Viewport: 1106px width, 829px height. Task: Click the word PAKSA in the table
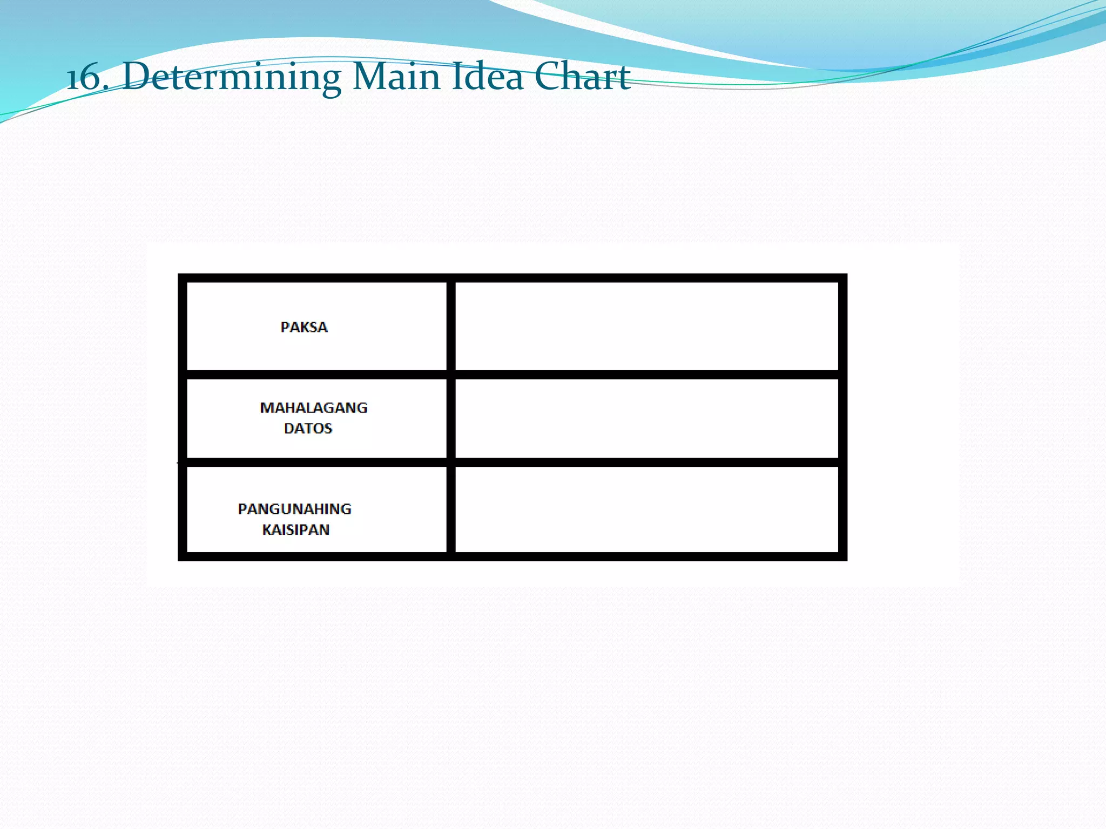pyautogui.click(x=304, y=327)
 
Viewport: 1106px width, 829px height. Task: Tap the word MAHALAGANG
pyautogui.click(x=313, y=407)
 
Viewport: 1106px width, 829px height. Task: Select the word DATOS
pyautogui.click(x=308, y=429)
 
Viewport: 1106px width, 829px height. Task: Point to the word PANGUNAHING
pyautogui.click(x=294, y=509)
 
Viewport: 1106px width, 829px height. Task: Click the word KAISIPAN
pyautogui.click(x=296, y=530)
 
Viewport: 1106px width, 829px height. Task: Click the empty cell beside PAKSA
pyautogui.click(x=646, y=326)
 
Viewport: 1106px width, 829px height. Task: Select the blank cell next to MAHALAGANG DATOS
pyautogui.click(x=646, y=418)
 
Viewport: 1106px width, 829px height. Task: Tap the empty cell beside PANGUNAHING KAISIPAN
pyautogui.click(x=646, y=509)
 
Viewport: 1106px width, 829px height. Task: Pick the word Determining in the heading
pyautogui.click(x=232, y=77)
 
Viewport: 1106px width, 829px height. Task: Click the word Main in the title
pyautogui.click(x=396, y=77)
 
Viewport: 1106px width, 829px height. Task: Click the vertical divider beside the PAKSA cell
pyautogui.click(x=451, y=326)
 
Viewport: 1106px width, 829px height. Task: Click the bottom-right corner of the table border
pyautogui.click(x=842, y=556)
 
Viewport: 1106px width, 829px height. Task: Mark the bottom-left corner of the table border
pyautogui.click(x=183, y=556)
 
